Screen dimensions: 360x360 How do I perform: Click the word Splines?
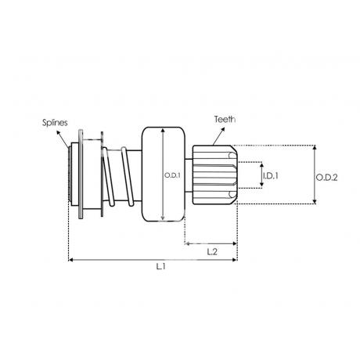point(55,122)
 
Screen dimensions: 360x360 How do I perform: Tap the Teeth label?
point(225,119)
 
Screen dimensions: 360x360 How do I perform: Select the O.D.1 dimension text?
point(172,175)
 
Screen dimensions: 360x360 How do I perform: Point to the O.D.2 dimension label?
point(326,178)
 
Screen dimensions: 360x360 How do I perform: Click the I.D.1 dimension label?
point(271,176)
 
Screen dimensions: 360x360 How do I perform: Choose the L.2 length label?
point(212,252)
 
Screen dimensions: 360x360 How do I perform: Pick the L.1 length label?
point(161,267)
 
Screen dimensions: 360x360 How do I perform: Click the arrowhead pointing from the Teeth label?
point(223,130)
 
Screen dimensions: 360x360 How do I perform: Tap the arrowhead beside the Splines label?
point(58,132)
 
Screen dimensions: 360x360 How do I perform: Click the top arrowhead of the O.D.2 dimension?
point(315,147)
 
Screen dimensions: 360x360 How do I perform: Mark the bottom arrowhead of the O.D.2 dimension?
point(315,201)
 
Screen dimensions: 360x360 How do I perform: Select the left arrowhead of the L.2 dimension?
point(187,243)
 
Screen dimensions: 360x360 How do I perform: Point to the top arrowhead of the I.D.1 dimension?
point(261,164)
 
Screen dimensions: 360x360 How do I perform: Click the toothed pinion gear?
point(214,175)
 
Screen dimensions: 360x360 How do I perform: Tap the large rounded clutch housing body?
point(164,175)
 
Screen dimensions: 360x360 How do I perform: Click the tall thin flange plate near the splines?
point(81,174)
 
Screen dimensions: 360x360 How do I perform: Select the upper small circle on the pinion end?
point(232,156)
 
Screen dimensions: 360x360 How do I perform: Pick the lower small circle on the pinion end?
point(232,194)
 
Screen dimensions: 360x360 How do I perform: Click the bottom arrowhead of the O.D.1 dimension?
point(163,218)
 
